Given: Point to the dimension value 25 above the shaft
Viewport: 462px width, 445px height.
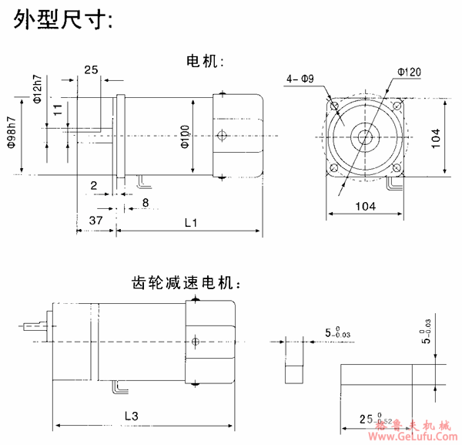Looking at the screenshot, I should (91, 70).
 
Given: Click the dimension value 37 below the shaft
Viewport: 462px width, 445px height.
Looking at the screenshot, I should (95, 221).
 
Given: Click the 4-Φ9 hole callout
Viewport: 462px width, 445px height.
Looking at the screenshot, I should (300, 79).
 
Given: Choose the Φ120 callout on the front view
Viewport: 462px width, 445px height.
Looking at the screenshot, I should (409, 72).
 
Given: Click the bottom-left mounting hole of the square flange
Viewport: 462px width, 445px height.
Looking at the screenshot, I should (333, 168).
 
